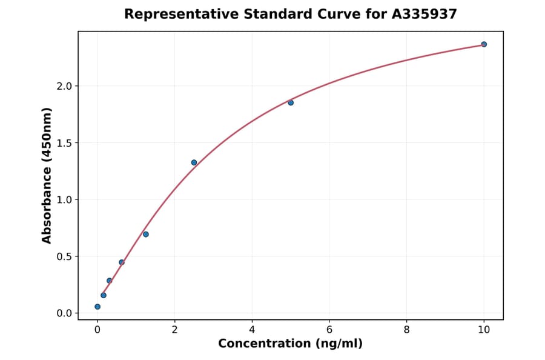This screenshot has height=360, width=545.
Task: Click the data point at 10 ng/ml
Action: [484, 44]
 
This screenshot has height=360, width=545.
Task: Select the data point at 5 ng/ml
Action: [291, 102]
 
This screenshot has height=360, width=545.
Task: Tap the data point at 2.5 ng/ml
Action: [194, 162]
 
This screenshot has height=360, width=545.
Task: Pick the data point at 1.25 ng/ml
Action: [146, 234]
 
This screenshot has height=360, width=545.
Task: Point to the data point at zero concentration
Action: [97, 307]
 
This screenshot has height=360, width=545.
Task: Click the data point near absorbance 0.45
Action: [122, 262]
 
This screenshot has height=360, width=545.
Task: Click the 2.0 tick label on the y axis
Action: [64, 86]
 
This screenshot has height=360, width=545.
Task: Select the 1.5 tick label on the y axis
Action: [64, 143]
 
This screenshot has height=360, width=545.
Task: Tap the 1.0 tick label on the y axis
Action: [64, 200]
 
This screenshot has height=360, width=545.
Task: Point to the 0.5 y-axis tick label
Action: [64, 256]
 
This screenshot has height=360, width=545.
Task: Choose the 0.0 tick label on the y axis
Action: [64, 313]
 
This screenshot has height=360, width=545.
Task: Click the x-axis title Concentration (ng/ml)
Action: [290, 344]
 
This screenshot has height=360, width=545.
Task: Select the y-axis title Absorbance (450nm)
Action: [47, 175]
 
